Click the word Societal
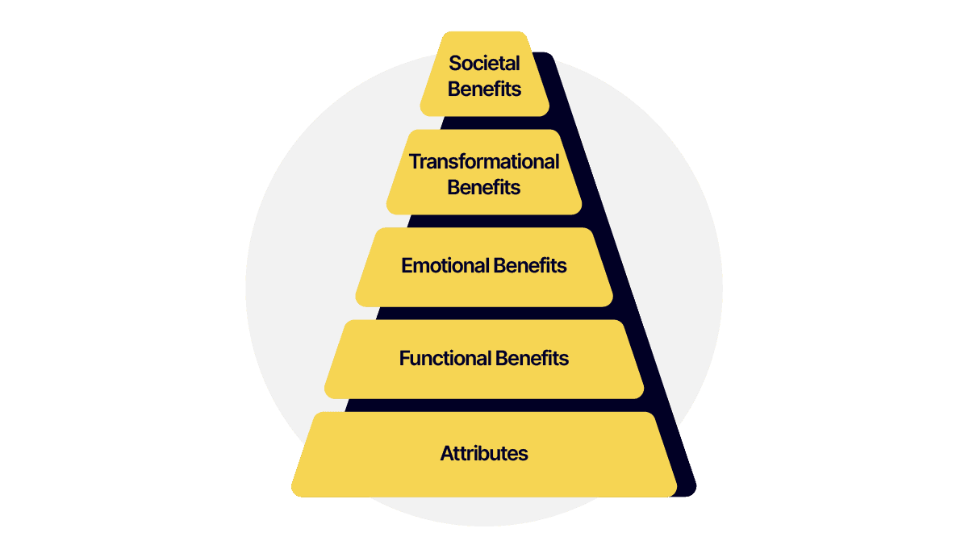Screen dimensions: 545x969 484,63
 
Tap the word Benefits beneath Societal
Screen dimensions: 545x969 484,89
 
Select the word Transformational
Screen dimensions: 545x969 484,161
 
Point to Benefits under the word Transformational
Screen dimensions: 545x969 484,188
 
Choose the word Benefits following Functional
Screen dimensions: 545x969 533,358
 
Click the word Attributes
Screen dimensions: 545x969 484,453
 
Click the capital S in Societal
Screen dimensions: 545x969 454,63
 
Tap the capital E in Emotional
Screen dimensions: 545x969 407,265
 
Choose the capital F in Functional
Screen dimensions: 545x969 404,358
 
